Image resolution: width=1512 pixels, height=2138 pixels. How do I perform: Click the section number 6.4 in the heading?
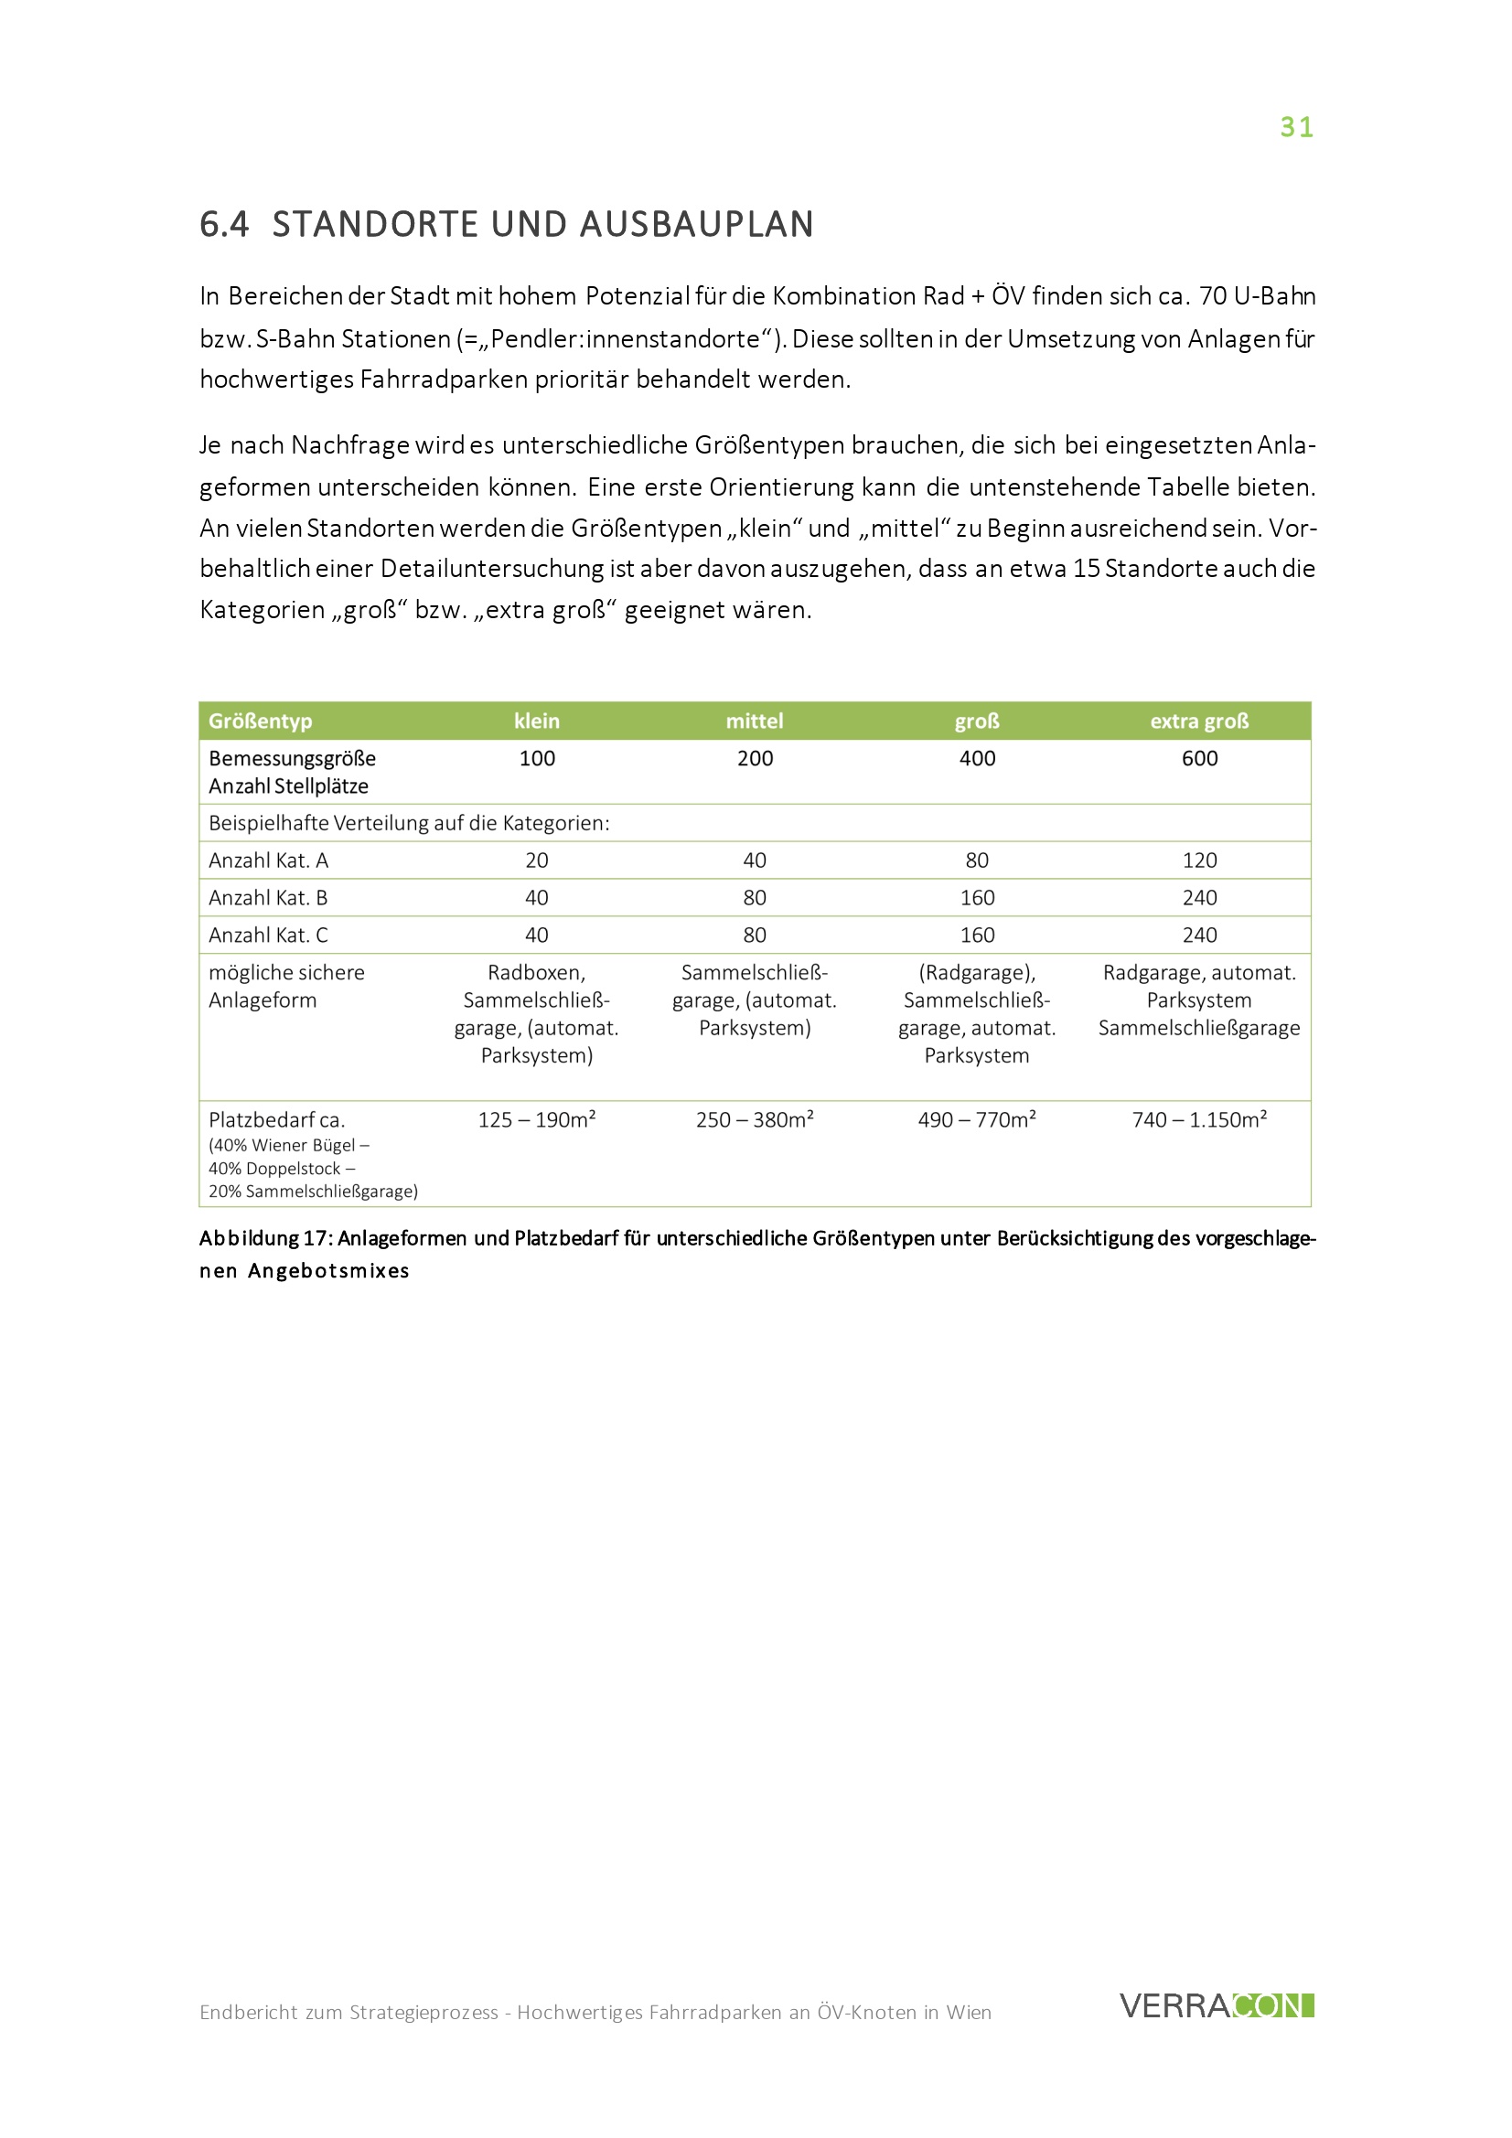(x=224, y=224)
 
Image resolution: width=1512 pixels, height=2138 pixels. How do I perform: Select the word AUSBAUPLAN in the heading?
(x=697, y=224)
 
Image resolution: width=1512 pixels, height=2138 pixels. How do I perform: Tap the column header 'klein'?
(x=537, y=721)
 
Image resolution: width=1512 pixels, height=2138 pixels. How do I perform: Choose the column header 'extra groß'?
(x=1199, y=721)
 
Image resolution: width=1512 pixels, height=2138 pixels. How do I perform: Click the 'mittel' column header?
(x=755, y=721)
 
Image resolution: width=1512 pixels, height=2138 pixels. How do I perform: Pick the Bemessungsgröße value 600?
(x=1199, y=758)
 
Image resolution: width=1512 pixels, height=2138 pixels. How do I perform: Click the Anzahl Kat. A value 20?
(x=537, y=861)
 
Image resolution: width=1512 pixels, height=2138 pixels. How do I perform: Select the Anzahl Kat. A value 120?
(x=1199, y=861)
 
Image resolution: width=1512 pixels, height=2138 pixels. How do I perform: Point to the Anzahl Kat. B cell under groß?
(x=976, y=898)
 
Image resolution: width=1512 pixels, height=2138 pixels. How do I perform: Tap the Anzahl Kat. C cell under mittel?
(x=755, y=935)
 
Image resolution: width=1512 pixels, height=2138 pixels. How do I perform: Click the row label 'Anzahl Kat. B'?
(x=268, y=898)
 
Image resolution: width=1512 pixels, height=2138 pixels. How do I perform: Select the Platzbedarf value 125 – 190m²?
(x=537, y=1119)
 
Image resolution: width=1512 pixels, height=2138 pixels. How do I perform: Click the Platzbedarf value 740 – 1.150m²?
(x=1199, y=1119)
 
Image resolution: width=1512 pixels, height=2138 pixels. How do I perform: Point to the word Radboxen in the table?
(x=536, y=972)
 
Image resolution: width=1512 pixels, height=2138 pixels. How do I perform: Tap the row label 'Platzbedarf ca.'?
(x=276, y=1120)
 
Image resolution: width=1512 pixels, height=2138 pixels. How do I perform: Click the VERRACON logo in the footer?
(x=1216, y=2005)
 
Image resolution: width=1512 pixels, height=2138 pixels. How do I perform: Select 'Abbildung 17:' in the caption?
(x=265, y=1238)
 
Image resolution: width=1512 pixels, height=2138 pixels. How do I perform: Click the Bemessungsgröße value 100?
(x=537, y=758)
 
